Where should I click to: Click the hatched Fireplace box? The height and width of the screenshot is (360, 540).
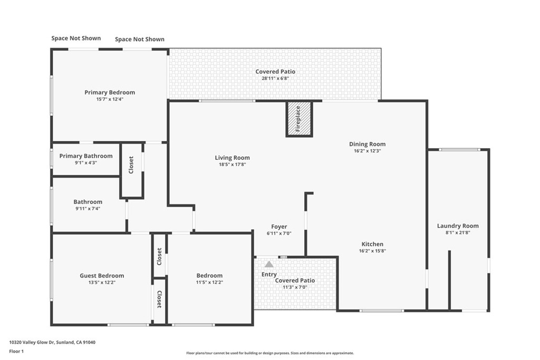(x=299, y=119)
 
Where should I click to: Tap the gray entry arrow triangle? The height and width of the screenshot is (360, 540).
(x=269, y=264)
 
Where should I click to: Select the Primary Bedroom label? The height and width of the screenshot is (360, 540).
(x=110, y=92)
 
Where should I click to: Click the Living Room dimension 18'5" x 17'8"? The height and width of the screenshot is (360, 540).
(x=233, y=164)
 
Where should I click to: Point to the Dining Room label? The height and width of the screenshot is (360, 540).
(x=368, y=144)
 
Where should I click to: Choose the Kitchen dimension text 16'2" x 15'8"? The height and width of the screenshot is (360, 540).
(x=372, y=251)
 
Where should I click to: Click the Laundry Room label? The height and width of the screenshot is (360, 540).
(x=458, y=226)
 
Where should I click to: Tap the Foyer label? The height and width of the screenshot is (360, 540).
(x=279, y=227)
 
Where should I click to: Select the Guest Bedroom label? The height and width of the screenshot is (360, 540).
(x=102, y=275)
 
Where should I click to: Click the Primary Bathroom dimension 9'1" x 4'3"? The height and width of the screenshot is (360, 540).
(x=86, y=163)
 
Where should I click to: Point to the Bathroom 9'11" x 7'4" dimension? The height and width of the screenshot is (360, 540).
(x=88, y=209)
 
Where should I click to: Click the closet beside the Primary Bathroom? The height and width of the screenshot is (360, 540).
(x=131, y=170)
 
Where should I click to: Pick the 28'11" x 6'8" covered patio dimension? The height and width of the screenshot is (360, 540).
(x=275, y=78)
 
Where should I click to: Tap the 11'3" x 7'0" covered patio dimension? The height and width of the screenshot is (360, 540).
(x=295, y=287)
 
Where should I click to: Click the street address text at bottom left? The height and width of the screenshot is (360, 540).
(x=52, y=342)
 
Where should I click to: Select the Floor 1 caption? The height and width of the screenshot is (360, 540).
(x=16, y=352)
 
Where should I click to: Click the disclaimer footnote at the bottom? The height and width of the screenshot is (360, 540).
(x=270, y=353)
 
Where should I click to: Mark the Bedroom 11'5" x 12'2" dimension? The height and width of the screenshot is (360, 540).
(x=209, y=282)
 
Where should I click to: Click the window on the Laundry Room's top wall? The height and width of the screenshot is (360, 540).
(x=459, y=150)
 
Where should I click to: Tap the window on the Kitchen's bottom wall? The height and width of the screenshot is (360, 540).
(x=382, y=311)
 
